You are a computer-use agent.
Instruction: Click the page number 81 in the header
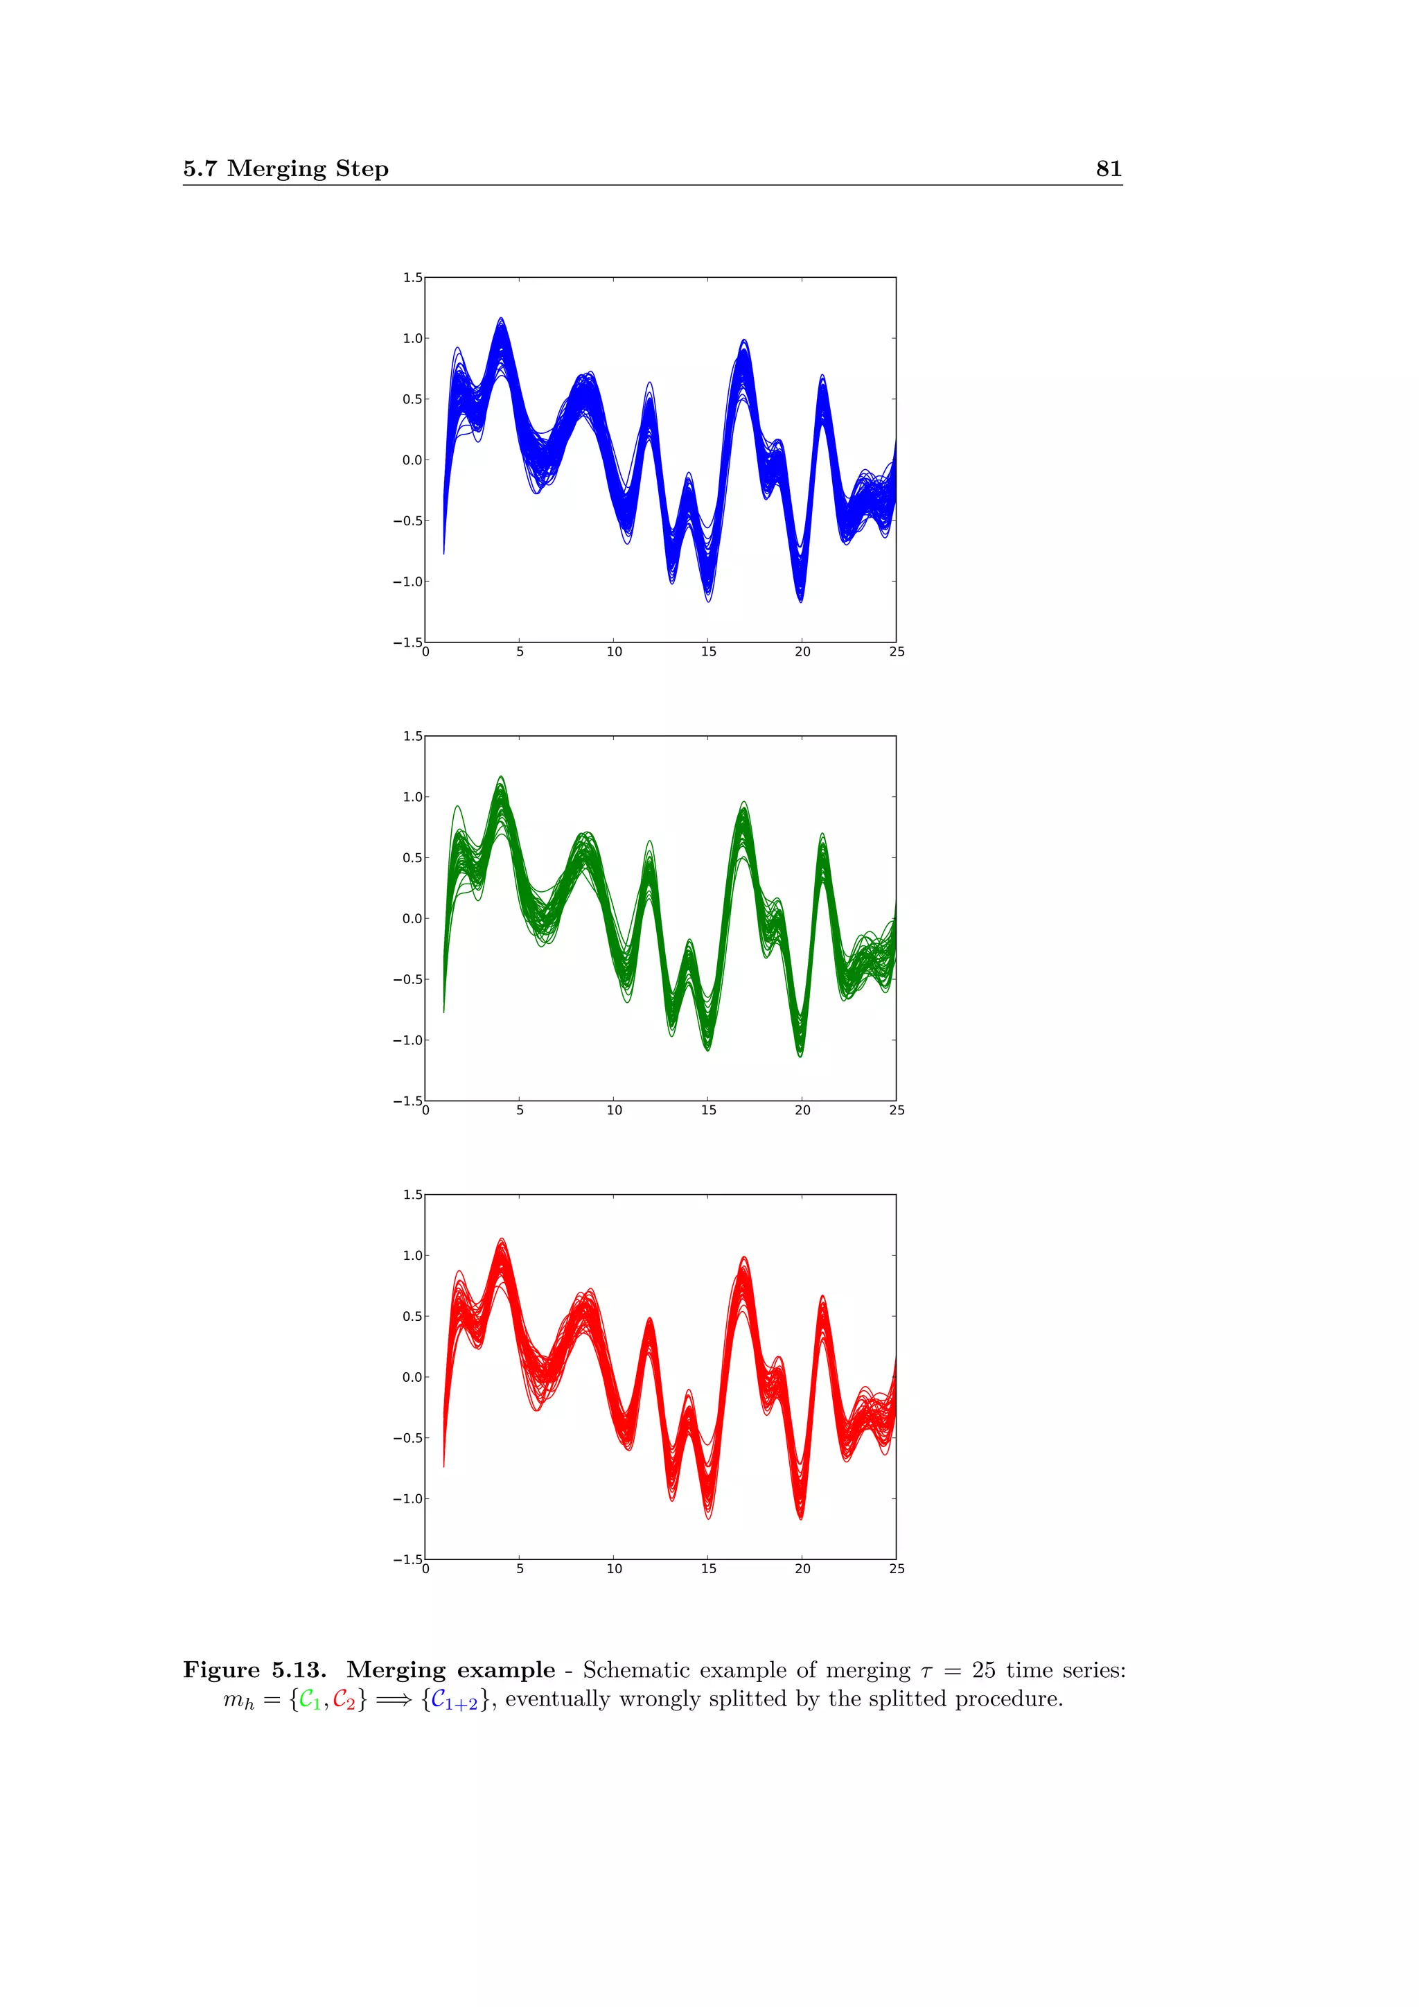click(x=1108, y=168)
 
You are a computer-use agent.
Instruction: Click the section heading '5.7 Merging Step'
click(x=285, y=168)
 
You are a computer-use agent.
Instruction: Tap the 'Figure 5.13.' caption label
click(x=254, y=1669)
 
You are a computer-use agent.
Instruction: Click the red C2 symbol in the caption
click(x=344, y=1699)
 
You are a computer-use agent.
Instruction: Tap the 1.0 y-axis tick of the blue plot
click(x=412, y=338)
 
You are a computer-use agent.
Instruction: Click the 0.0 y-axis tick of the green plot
click(x=412, y=919)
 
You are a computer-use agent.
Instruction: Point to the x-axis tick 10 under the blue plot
click(x=615, y=652)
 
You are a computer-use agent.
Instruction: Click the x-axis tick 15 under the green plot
click(x=709, y=1110)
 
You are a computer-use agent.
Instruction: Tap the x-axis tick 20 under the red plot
click(x=802, y=1569)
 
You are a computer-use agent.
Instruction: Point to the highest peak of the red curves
click(x=502, y=1240)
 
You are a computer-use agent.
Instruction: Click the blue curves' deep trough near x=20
click(x=800, y=599)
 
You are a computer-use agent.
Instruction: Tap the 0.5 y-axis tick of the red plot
click(x=412, y=1317)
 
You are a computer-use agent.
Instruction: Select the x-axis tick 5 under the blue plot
click(x=520, y=652)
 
